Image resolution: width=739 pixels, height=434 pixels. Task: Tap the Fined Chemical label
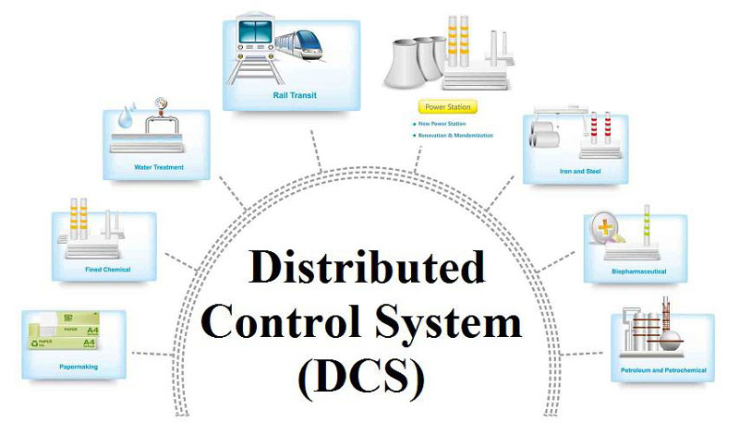tap(108, 270)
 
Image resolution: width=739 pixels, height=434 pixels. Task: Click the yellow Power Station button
tap(446, 107)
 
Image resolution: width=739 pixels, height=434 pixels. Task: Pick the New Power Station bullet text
tap(444, 124)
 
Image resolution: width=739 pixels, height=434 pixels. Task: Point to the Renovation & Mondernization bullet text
tap(456, 136)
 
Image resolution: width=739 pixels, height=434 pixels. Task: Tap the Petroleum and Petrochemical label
tap(660, 371)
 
